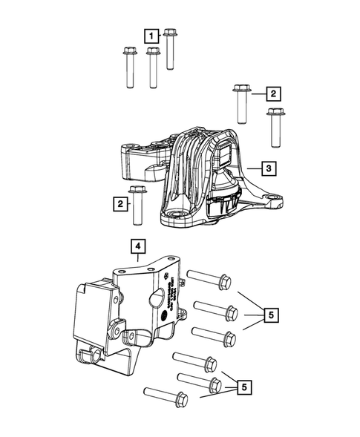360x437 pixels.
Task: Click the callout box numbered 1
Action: click(151, 35)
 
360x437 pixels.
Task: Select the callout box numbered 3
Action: click(269, 169)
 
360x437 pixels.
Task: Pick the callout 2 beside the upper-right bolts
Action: click(273, 93)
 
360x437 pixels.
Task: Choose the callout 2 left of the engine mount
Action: click(119, 203)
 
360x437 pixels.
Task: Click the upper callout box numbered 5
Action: click(272, 315)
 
